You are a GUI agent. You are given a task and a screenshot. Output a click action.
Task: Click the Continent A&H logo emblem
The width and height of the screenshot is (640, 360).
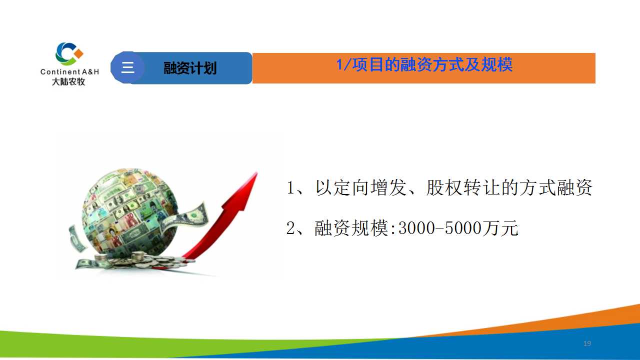click(69, 53)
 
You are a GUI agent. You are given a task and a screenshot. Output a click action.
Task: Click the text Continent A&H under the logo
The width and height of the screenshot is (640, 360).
click(69, 71)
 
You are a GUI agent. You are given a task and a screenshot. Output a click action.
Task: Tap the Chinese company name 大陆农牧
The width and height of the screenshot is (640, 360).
click(68, 81)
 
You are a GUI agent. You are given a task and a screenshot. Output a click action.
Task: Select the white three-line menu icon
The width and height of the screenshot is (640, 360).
click(127, 67)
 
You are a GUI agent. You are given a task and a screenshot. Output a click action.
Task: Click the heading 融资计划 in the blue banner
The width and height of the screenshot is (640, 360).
click(190, 68)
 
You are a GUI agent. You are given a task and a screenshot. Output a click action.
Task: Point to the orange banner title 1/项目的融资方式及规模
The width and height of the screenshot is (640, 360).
click(424, 64)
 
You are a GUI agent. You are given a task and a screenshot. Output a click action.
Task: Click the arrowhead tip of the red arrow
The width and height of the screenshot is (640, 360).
click(257, 172)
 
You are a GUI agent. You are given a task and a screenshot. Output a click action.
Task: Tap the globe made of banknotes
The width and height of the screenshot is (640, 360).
click(130, 212)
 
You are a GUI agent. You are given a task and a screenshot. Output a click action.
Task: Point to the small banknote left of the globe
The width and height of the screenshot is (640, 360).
click(76, 238)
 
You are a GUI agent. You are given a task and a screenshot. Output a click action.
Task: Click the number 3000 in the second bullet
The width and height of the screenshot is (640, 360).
click(416, 228)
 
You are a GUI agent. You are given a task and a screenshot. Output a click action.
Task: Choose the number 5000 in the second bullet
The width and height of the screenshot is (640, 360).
click(463, 228)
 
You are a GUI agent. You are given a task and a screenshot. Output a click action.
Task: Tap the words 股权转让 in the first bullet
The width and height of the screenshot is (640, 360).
click(462, 187)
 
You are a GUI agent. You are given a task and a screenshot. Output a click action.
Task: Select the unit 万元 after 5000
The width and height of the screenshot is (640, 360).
click(500, 228)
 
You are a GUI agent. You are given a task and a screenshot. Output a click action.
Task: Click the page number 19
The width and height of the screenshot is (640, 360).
click(587, 343)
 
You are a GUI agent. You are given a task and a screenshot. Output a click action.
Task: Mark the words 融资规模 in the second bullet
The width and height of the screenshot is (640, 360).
click(351, 228)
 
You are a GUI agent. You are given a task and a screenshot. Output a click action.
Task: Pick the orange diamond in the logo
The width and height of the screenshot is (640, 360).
click(78, 53)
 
